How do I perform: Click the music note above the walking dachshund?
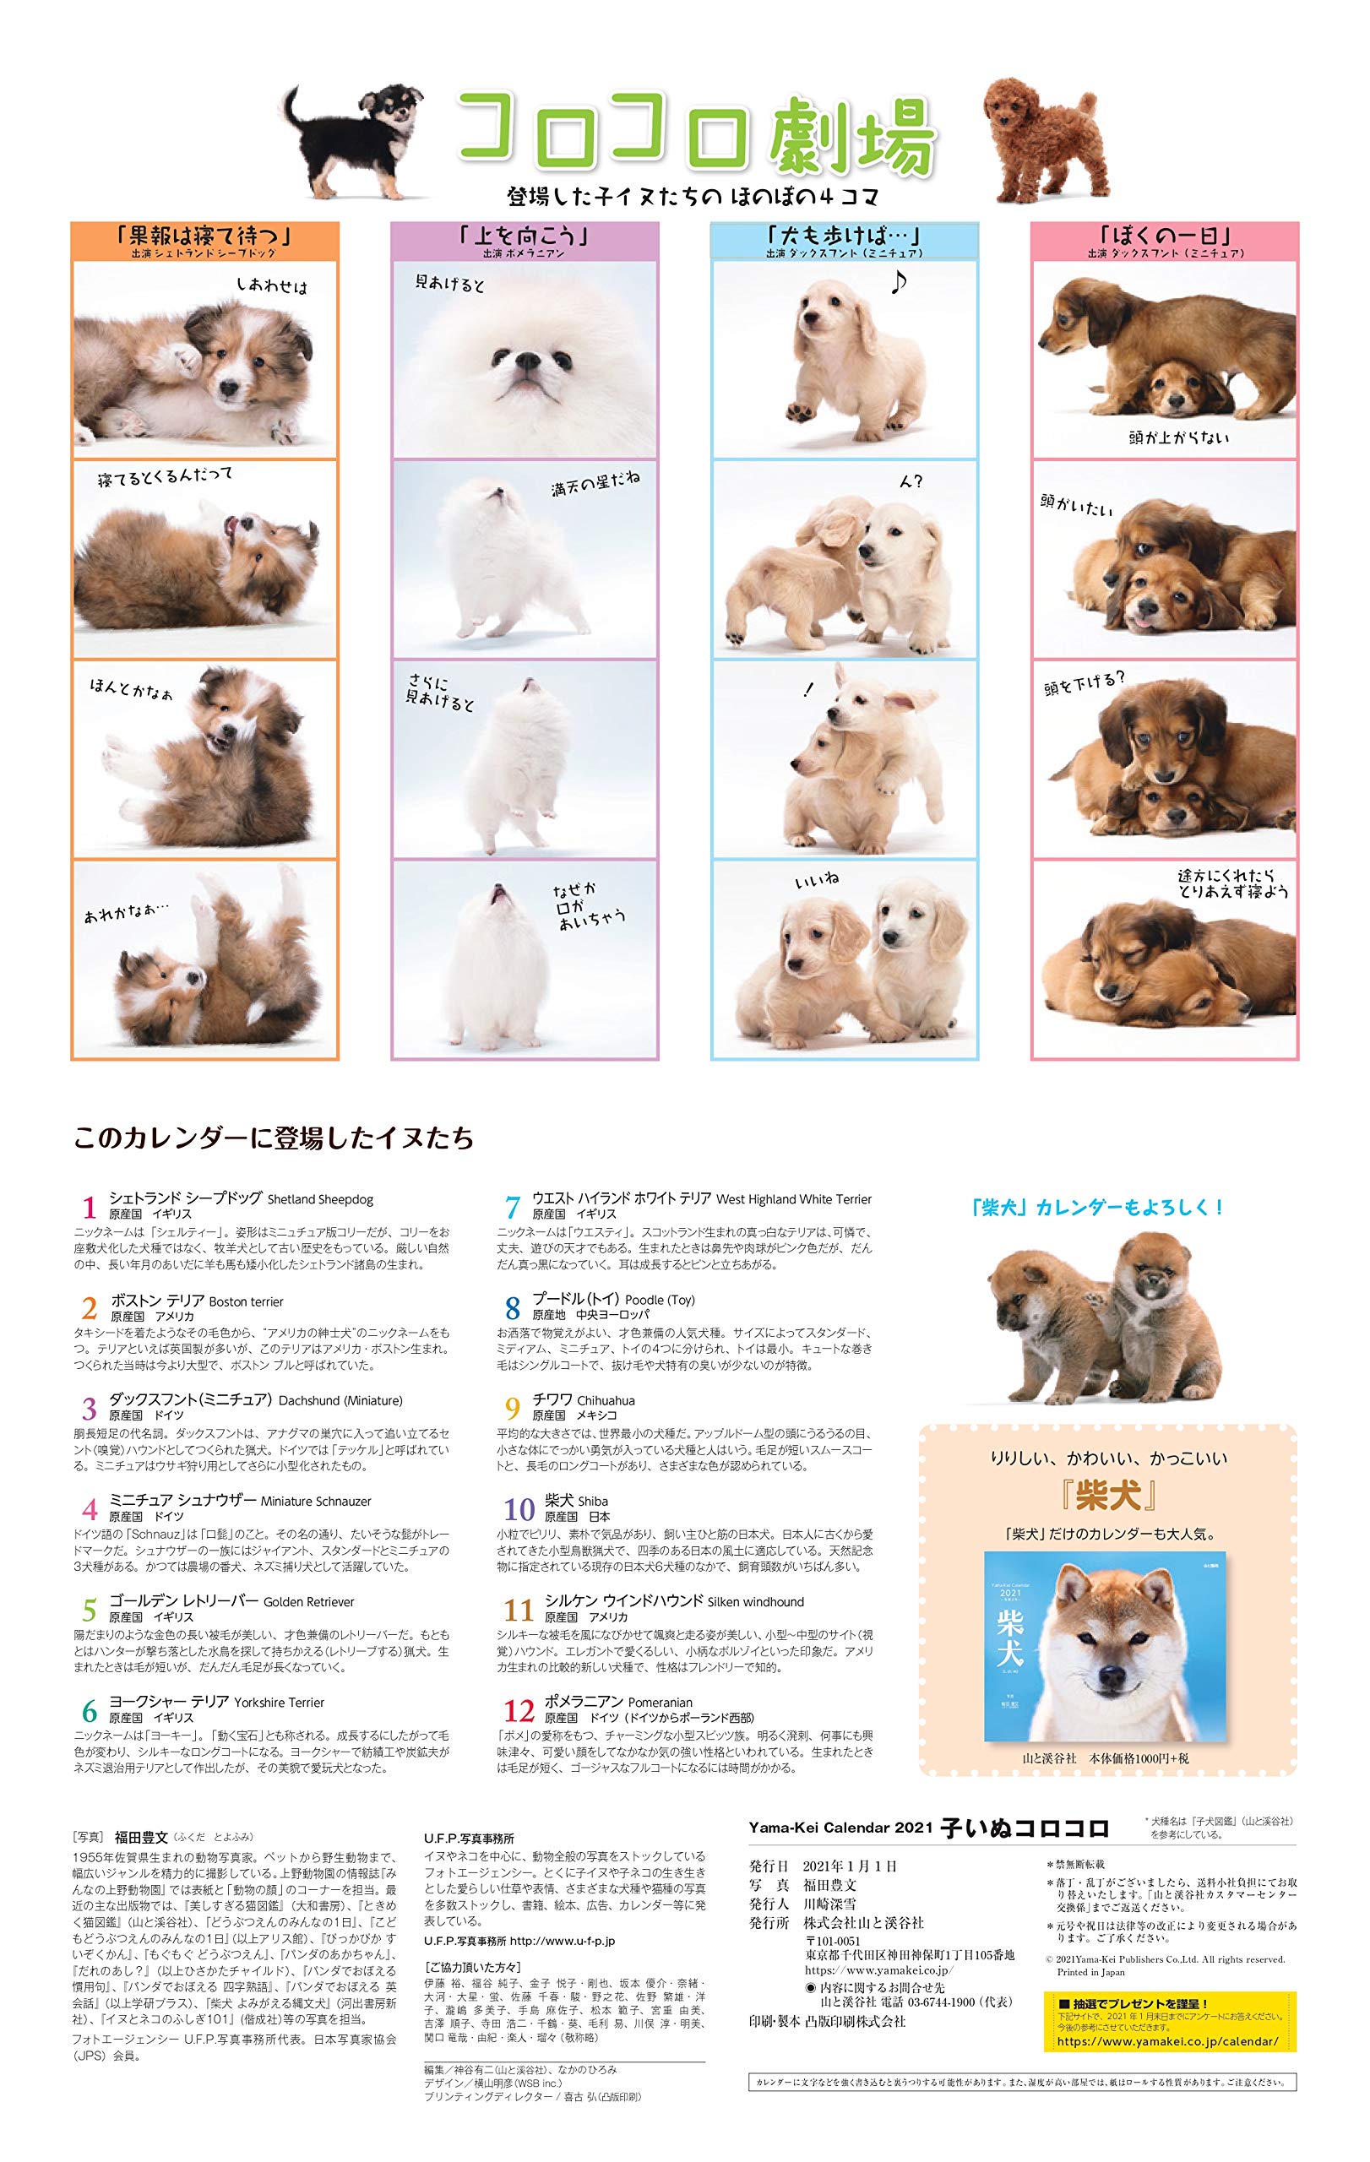click(898, 284)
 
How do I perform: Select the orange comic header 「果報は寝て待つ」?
click(204, 237)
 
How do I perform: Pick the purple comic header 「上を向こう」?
click(525, 237)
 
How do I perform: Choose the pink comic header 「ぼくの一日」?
click(1166, 236)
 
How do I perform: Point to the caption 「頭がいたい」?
click(1077, 507)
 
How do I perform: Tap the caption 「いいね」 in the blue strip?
click(817, 882)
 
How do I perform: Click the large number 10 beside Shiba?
click(519, 1508)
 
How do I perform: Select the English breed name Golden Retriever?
click(309, 1602)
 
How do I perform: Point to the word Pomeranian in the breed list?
click(660, 1703)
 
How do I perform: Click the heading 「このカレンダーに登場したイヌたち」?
click(273, 1138)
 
